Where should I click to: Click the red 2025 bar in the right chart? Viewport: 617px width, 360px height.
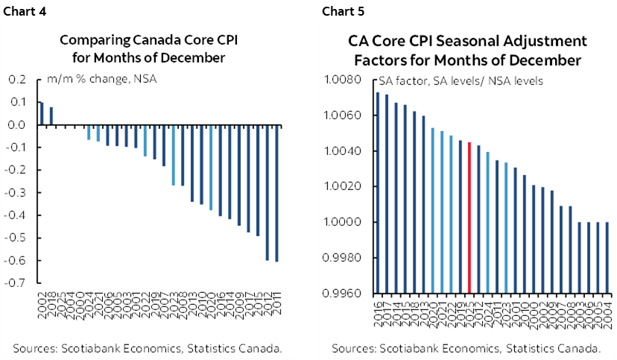(x=469, y=218)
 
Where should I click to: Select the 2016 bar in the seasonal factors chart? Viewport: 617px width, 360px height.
(x=378, y=193)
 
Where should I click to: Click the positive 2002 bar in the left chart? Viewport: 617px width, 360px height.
(x=42, y=114)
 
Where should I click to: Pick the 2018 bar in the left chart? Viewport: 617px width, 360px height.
(x=51, y=116)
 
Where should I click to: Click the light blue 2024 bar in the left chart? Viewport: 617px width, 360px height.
(x=89, y=133)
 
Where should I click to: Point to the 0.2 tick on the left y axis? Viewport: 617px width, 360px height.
(x=19, y=80)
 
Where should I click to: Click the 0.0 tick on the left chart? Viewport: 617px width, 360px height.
(x=19, y=125)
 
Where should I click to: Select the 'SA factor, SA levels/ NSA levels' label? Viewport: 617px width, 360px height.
(x=461, y=80)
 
